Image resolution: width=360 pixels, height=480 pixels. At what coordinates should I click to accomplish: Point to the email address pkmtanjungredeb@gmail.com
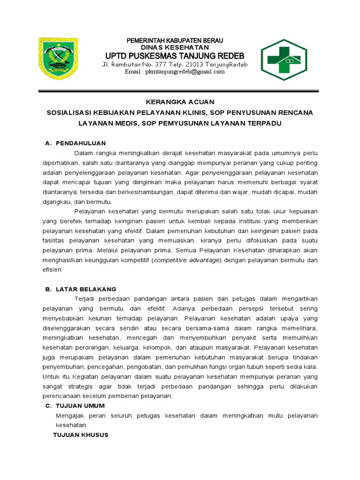click(x=174, y=72)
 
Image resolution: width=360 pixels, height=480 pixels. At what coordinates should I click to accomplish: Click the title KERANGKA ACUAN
click(x=180, y=102)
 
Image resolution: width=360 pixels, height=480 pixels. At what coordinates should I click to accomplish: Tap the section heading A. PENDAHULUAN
click(x=76, y=143)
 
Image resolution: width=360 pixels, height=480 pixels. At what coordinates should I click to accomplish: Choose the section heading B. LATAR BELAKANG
click(x=81, y=289)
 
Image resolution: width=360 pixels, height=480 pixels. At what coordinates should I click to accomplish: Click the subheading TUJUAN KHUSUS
click(x=80, y=435)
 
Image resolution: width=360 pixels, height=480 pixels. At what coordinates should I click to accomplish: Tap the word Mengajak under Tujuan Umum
click(x=70, y=416)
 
